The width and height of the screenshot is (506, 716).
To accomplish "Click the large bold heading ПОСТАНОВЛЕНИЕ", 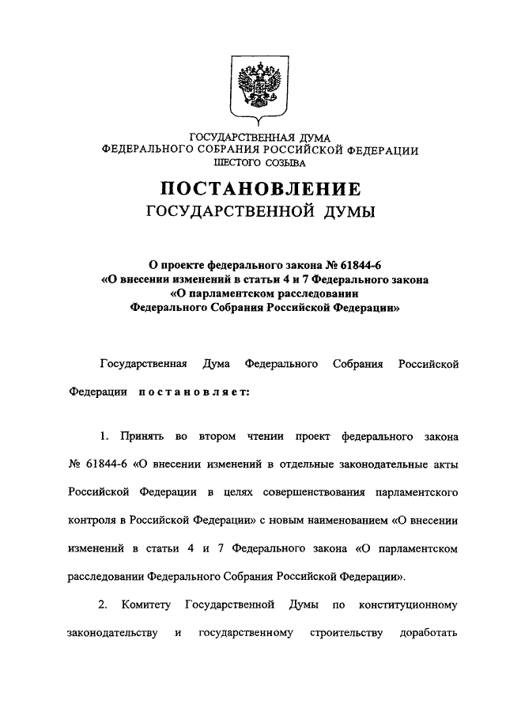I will [260, 189].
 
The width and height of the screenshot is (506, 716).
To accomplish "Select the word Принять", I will [140, 436].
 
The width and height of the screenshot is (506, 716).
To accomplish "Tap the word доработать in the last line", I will [431, 633].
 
